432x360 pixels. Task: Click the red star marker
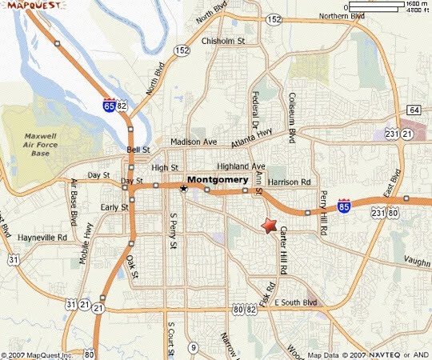pos(270,225)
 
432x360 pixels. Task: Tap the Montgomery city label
pos(219,179)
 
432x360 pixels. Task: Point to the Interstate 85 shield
pos(344,206)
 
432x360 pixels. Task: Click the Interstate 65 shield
pos(109,105)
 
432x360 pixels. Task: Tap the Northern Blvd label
pos(342,16)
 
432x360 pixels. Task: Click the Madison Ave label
pos(194,142)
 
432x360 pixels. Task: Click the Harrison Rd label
pos(289,182)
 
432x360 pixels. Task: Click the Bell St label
pos(138,150)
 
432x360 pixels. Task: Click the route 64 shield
pos(414,109)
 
